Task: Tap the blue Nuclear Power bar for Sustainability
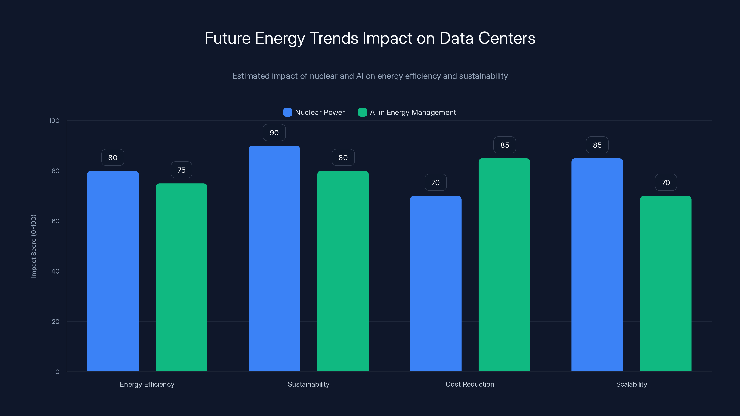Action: point(274,258)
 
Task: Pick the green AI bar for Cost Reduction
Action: point(504,264)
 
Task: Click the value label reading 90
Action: point(274,133)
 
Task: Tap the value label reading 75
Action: point(181,170)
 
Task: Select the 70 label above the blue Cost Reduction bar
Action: point(435,183)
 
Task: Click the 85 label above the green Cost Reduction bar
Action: point(505,145)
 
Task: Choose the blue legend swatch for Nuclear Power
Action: point(287,112)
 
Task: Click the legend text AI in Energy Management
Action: point(413,112)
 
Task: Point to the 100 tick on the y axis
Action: point(54,121)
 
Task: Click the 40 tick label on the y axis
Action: point(55,271)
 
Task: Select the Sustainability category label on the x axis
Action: point(308,384)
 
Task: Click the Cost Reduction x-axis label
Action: point(470,384)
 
